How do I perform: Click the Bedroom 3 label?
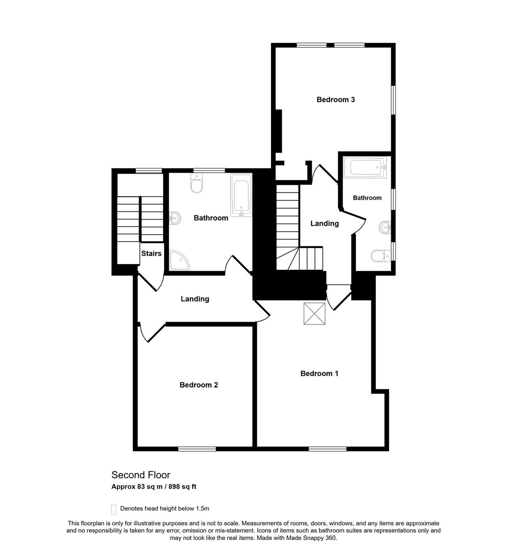pyautogui.click(x=335, y=99)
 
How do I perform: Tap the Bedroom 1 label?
pyautogui.click(x=319, y=373)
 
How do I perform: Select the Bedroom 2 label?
pyautogui.click(x=198, y=385)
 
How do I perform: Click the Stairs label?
pyautogui.click(x=151, y=253)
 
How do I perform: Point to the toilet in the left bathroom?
pyautogui.click(x=197, y=183)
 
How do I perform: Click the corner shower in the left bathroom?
pyautogui.click(x=179, y=260)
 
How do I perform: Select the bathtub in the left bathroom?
pyautogui.click(x=241, y=195)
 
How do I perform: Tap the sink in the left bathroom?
pyautogui.click(x=175, y=218)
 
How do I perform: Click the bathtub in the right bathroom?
pyautogui.click(x=365, y=167)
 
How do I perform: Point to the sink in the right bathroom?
pyautogui.click(x=385, y=227)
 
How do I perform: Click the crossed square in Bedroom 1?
pyautogui.click(x=314, y=313)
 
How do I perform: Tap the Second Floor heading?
pyautogui.click(x=141, y=475)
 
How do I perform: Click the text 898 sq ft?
pyautogui.click(x=182, y=486)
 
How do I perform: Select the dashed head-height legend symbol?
pyautogui.click(x=114, y=510)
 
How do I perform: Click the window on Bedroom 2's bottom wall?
pyautogui.click(x=197, y=449)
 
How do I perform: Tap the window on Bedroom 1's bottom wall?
pyautogui.click(x=328, y=449)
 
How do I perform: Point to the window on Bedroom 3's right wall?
pyautogui.click(x=393, y=100)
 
